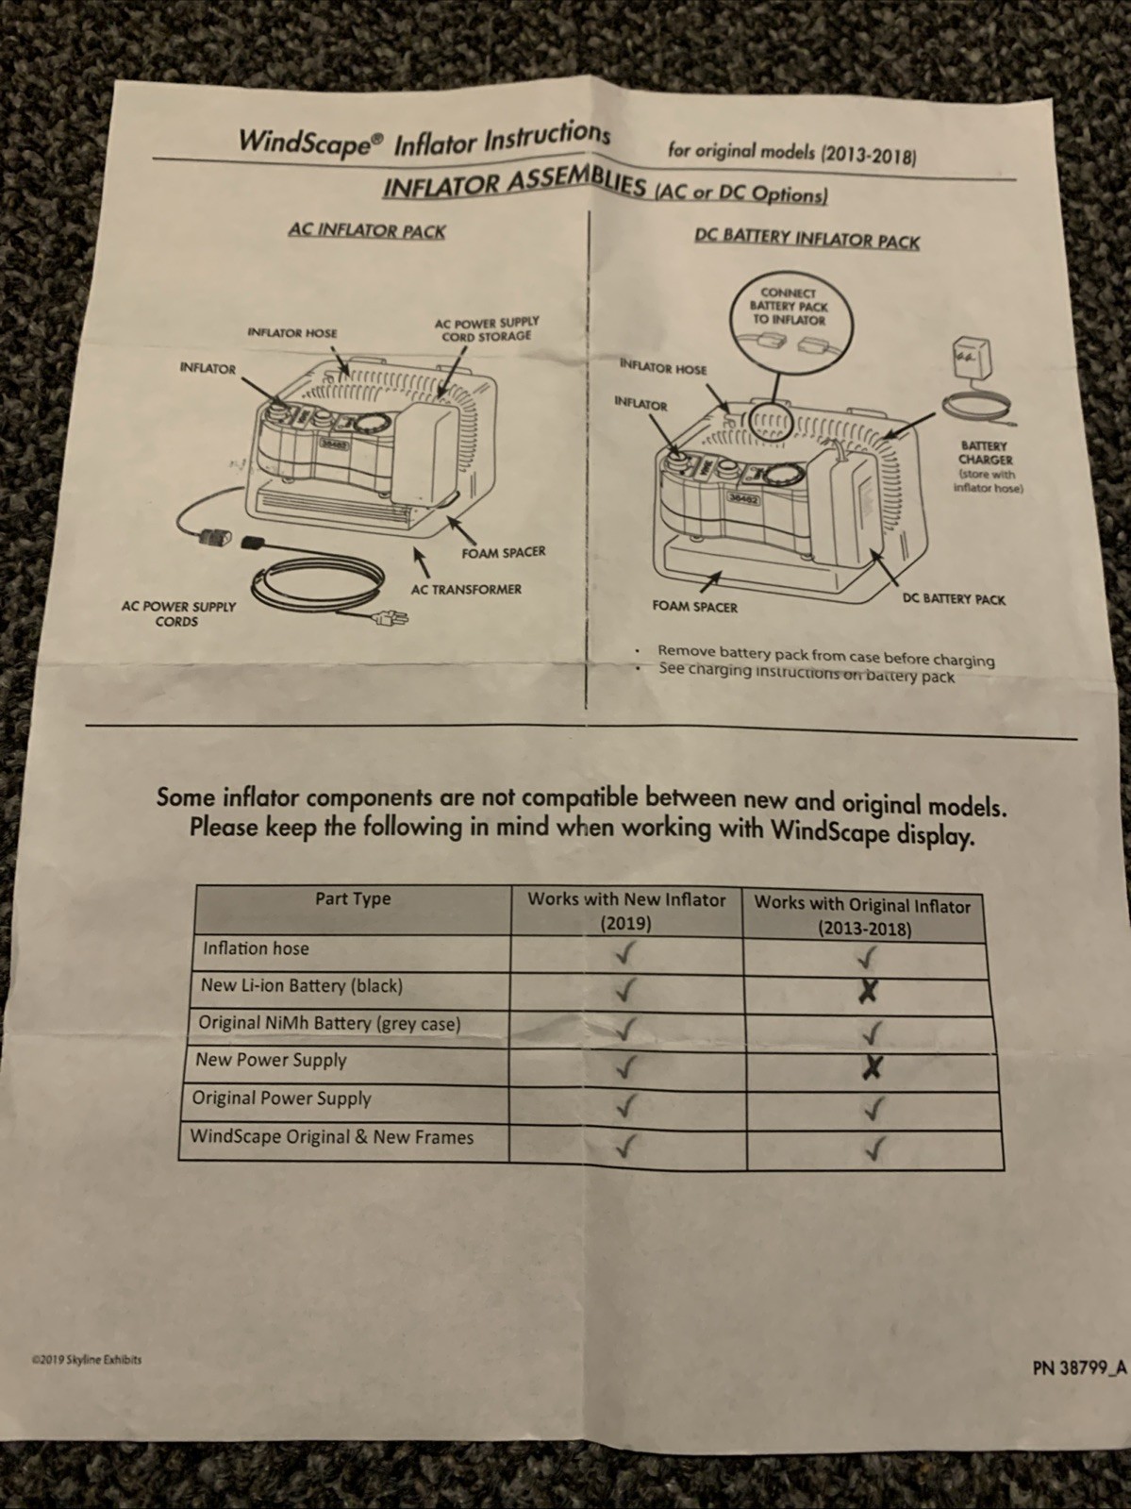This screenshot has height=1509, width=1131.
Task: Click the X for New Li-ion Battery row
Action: pyautogui.click(x=869, y=991)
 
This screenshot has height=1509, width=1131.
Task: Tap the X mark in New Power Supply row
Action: pyautogui.click(x=873, y=1067)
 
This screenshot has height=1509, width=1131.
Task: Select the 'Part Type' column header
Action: pyautogui.click(x=353, y=898)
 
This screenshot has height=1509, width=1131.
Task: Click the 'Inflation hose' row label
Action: pyautogui.click(x=256, y=948)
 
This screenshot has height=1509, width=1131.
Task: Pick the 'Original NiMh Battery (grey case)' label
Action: pyautogui.click(x=329, y=1023)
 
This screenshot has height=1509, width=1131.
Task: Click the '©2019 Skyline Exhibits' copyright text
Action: pyautogui.click(x=87, y=1360)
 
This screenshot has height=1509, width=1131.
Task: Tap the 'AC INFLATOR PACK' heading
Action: pyautogui.click(x=367, y=230)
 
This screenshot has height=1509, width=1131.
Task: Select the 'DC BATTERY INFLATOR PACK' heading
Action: pyautogui.click(x=807, y=238)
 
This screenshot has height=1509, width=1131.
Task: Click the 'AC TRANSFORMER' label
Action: pyautogui.click(x=466, y=589)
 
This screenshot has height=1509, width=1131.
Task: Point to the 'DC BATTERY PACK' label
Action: pyautogui.click(x=954, y=599)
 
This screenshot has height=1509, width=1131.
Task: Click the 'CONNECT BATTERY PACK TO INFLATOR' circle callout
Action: pyautogui.click(x=789, y=318)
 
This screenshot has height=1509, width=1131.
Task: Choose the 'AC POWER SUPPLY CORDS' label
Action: pyautogui.click(x=178, y=613)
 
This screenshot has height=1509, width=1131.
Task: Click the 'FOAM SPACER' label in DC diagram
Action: pyautogui.click(x=694, y=607)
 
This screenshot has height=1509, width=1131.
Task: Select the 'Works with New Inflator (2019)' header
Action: pyautogui.click(x=626, y=911)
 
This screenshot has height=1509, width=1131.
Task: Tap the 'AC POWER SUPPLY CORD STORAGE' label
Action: pyautogui.click(x=487, y=329)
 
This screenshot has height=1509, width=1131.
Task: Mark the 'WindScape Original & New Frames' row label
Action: pyautogui.click(x=332, y=1136)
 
